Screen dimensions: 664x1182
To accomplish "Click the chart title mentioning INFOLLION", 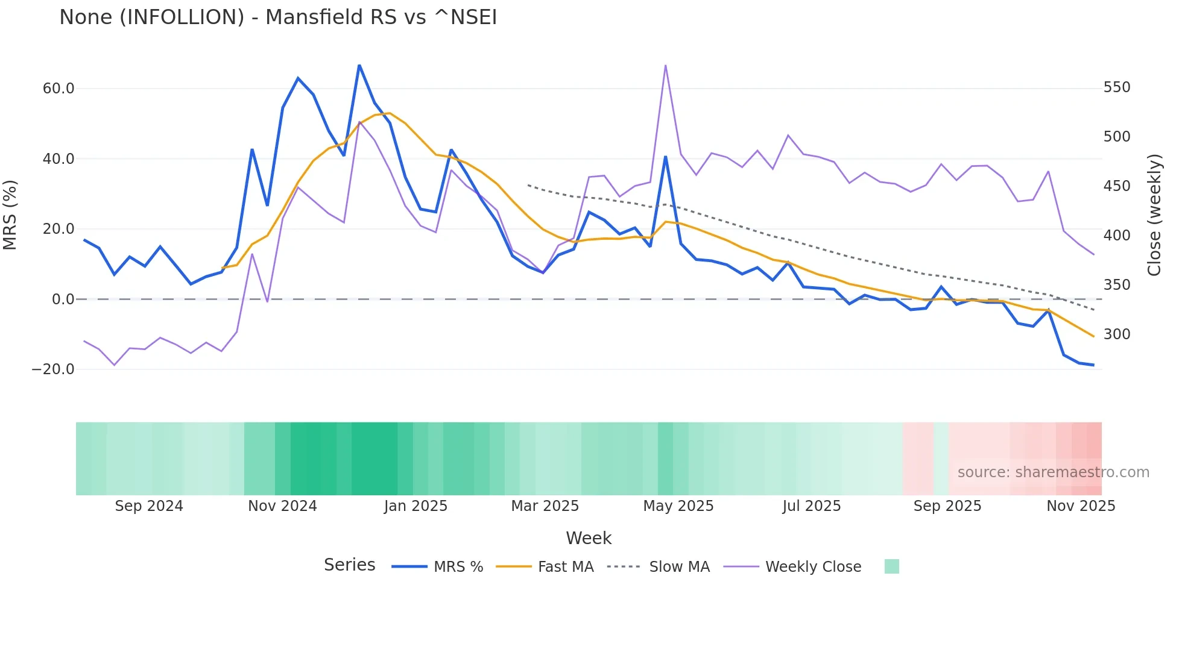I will click(x=278, y=17).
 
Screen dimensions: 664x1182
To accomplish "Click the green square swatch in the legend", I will click(x=891, y=566).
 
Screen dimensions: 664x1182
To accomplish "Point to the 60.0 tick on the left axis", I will click(x=58, y=89).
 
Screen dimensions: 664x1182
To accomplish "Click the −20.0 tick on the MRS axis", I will click(x=53, y=369).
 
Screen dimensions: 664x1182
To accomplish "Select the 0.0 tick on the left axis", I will click(x=63, y=299).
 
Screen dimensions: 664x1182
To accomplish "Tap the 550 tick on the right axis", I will click(x=1117, y=87).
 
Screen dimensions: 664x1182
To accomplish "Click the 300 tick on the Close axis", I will click(x=1117, y=334).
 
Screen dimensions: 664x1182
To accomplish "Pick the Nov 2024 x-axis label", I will click(x=282, y=506).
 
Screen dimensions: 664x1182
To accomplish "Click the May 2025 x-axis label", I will click(x=678, y=506).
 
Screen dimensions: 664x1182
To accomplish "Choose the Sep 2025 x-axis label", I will click(x=947, y=506).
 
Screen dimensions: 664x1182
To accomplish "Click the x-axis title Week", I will click(x=589, y=538).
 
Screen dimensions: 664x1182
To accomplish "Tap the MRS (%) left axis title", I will click(x=10, y=215).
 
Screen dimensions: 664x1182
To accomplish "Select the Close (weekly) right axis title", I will click(x=1154, y=215).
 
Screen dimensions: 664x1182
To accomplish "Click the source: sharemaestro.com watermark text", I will click(x=1053, y=472).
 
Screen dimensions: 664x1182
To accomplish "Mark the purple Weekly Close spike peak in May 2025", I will click(x=665, y=66).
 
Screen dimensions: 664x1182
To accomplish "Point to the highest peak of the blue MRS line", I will click(x=359, y=65).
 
